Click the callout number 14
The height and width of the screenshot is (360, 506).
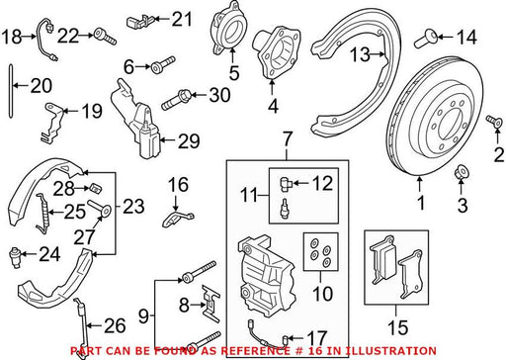[x=466, y=37]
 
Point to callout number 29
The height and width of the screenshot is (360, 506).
[x=189, y=141]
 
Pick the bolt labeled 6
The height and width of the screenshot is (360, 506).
[x=163, y=64]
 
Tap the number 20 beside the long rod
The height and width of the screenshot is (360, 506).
[x=42, y=86]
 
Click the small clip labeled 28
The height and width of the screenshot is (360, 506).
[x=95, y=189]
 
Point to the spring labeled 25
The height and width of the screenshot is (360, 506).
[x=42, y=214]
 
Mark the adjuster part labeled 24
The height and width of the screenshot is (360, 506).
[x=15, y=255]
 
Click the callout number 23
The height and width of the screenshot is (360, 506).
[x=133, y=207]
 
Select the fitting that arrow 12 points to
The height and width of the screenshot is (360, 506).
[x=286, y=183]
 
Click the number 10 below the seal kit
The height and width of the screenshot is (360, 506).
[x=323, y=294]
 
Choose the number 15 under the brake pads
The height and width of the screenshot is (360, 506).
[x=397, y=328]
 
